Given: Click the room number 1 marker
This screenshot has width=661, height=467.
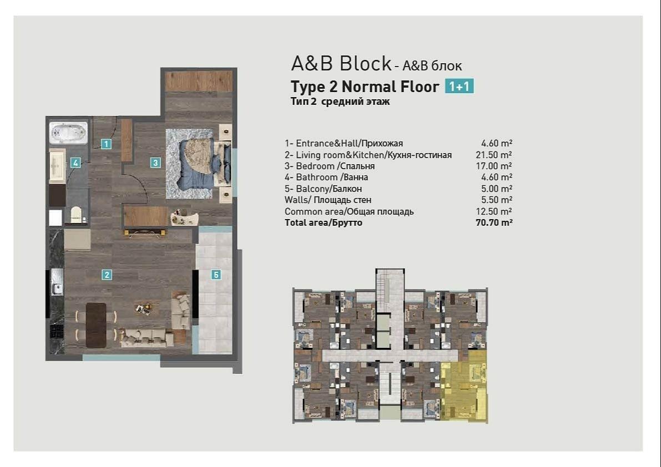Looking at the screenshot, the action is click(x=106, y=144).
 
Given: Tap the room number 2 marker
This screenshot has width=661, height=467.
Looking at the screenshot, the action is click(x=107, y=275).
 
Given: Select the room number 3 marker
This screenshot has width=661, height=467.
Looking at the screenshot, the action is click(x=155, y=163).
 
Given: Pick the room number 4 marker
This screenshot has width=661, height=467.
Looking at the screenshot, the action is click(x=75, y=163).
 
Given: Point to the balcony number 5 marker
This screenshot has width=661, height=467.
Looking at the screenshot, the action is click(x=216, y=275).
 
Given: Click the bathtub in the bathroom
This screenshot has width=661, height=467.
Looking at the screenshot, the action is click(x=68, y=133).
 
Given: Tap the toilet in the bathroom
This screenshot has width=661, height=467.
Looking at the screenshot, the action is click(x=76, y=214).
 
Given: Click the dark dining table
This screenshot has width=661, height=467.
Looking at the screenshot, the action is click(x=96, y=325).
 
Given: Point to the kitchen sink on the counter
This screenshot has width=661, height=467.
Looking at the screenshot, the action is click(x=57, y=282).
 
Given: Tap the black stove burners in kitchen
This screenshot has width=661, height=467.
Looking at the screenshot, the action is click(x=57, y=332).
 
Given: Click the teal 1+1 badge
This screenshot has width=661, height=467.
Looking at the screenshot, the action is click(x=459, y=87).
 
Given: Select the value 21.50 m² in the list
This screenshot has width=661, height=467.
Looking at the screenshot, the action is click(x=493, y=155).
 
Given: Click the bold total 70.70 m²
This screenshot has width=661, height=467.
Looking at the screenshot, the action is click(x=494, y=222).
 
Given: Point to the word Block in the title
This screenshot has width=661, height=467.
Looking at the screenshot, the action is click(x=366, y=63).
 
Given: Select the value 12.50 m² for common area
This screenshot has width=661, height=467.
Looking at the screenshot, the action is click(x=493, y=211).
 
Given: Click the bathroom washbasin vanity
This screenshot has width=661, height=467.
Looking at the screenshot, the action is click(x=57, y=165).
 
